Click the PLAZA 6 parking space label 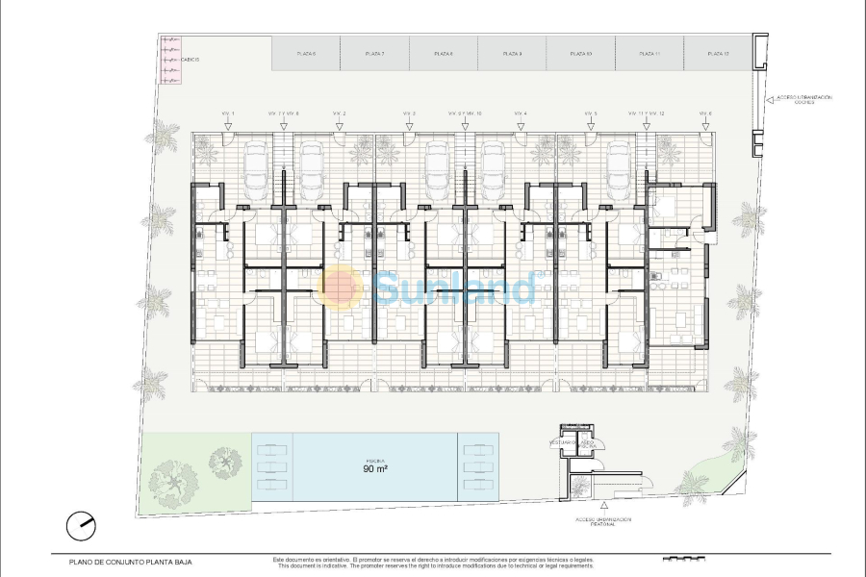306,54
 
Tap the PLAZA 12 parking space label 718,54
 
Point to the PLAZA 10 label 581,54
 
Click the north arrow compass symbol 82,525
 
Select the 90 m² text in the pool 375,469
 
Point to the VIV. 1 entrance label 228,113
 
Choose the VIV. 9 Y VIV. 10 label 465,113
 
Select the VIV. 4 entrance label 521,113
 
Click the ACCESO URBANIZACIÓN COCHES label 804,99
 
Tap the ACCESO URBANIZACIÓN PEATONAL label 604,521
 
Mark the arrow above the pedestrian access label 603,504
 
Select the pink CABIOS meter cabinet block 170,60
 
